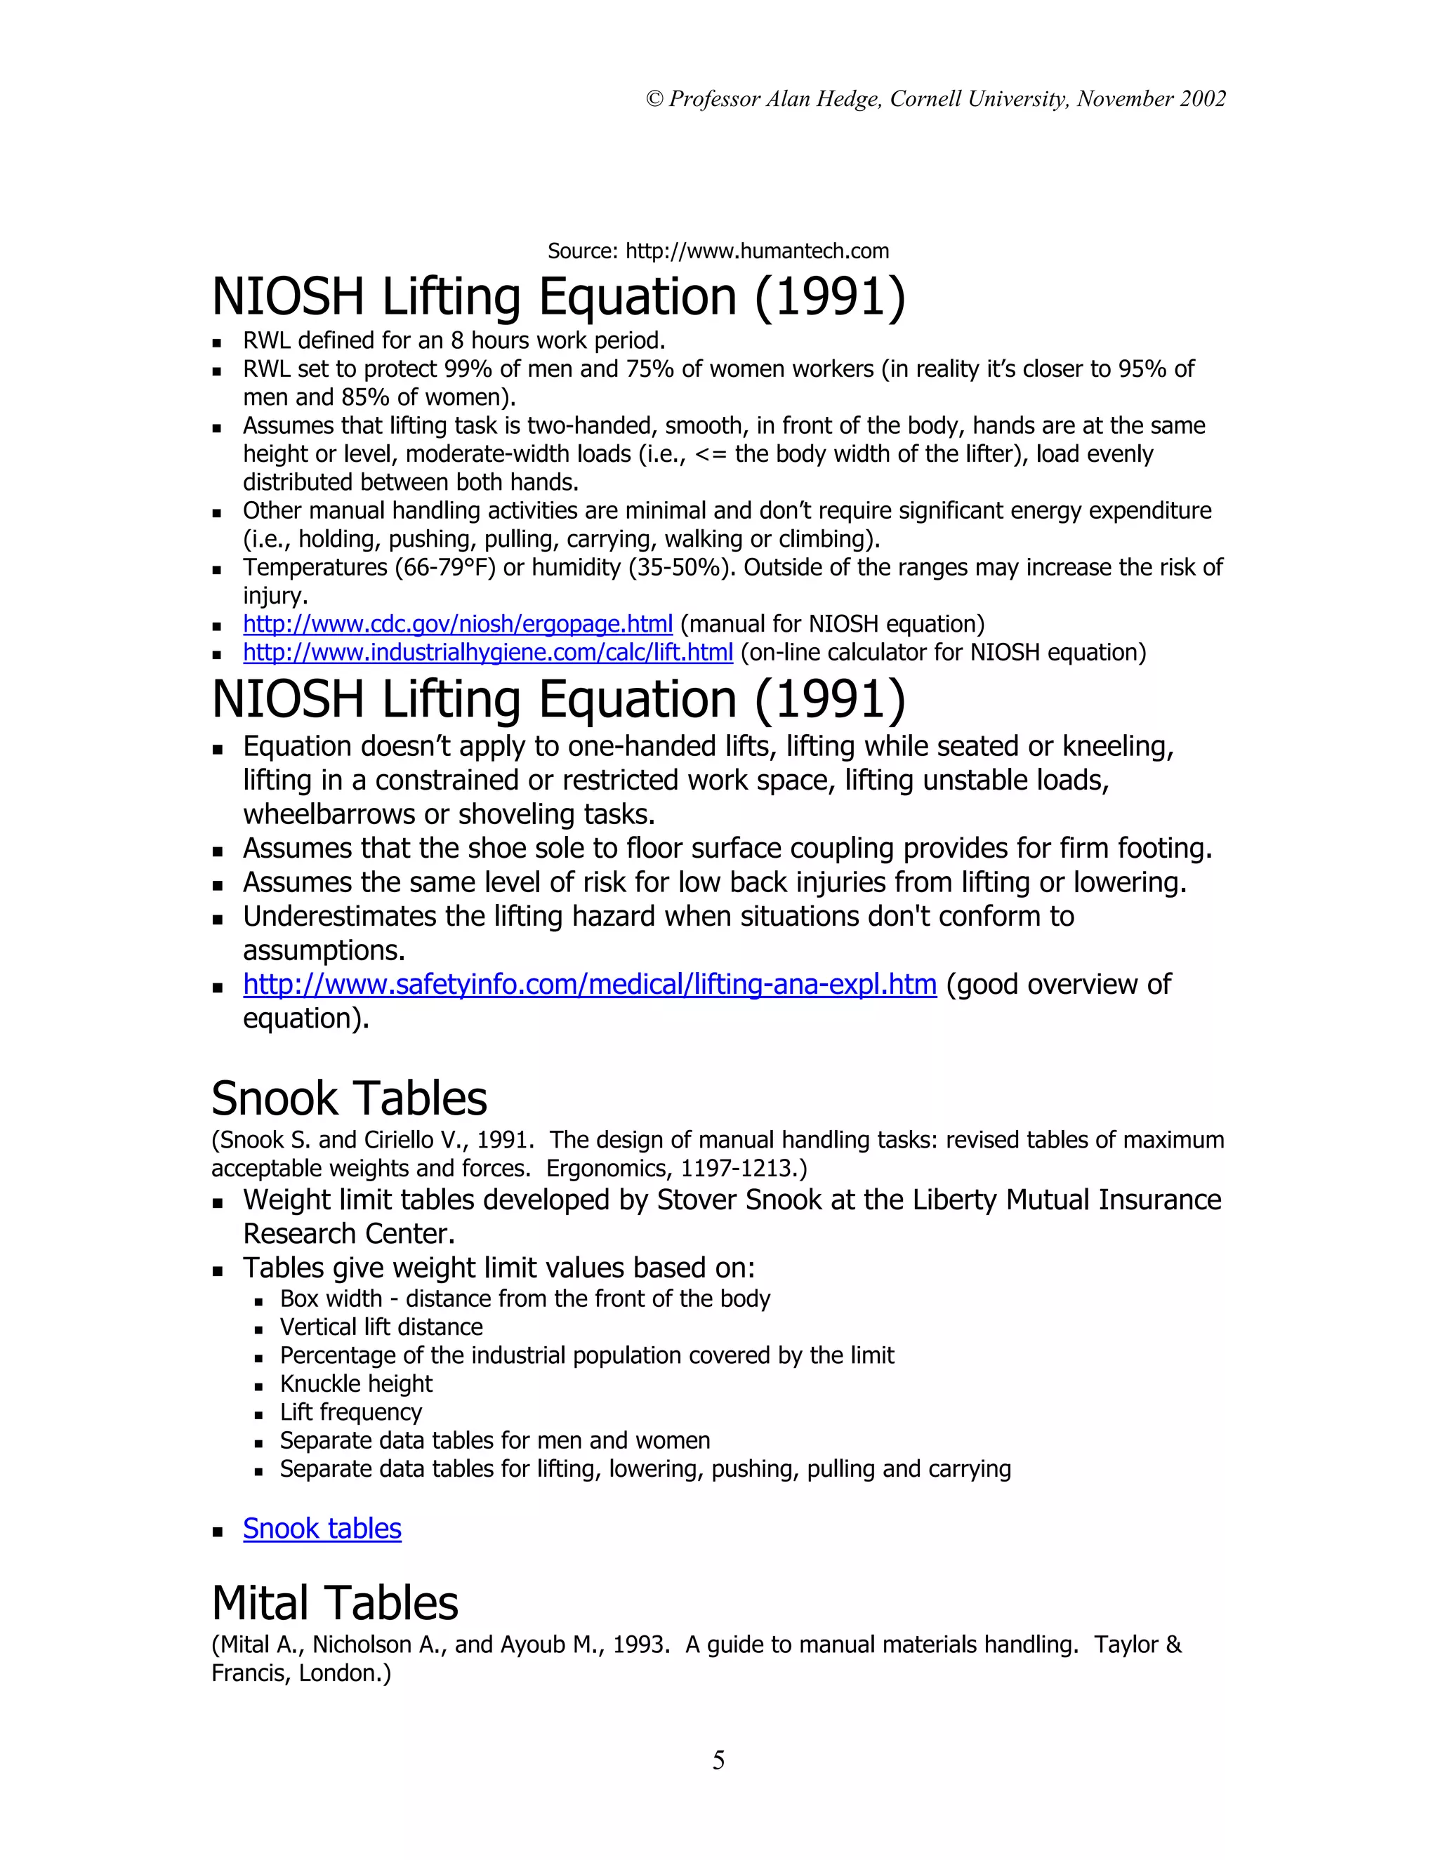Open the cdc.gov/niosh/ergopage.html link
(458, 624)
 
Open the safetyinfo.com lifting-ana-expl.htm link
(590, 985)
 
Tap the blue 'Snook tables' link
(322, 1529)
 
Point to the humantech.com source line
(718, 251)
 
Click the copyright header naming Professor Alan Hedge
(935, 99)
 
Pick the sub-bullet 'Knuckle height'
(356, 1384)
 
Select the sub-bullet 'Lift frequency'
(351, 1412)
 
